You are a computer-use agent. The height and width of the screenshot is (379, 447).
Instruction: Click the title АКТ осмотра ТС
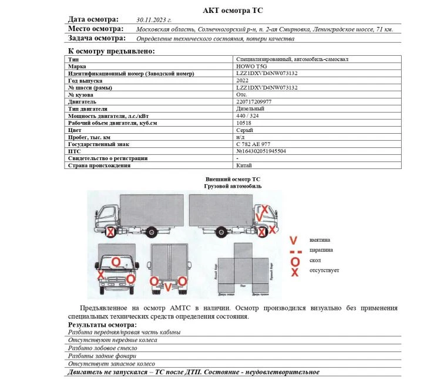point(233,11)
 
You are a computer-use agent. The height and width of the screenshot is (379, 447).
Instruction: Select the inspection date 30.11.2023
point(153,20)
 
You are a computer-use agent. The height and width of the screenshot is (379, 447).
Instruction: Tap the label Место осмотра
point(96,29)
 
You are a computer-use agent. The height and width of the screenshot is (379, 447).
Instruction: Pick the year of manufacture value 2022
point(242,81)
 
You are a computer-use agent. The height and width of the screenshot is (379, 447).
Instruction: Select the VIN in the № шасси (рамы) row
point(266,88)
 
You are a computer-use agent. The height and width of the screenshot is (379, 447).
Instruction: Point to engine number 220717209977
point(254,102)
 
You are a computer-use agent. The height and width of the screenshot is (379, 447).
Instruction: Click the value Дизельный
point(250,109)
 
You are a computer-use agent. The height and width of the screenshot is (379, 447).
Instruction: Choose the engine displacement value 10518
point(243,123)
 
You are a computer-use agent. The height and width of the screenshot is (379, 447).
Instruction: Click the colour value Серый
point(244,130)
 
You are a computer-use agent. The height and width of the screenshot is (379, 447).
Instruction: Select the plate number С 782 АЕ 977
point(253,144)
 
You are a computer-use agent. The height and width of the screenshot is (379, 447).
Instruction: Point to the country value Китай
point(244,165)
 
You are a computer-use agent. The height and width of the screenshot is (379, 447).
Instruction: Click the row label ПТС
point(75,151)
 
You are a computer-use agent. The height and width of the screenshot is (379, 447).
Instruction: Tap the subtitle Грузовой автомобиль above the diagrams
point(233,186)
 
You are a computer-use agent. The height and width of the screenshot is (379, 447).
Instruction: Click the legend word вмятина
point(320,240)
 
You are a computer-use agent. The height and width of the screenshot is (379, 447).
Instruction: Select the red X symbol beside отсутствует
point(295,272)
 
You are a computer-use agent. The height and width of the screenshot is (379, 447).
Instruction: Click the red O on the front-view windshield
point(116,261)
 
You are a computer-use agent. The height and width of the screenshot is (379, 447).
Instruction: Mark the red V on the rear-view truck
point(168,287)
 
